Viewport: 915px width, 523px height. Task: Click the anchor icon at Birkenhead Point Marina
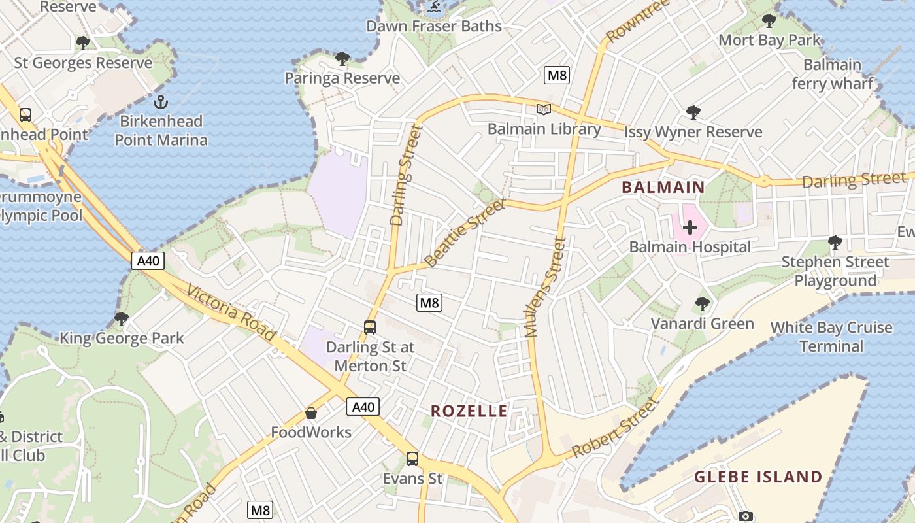[160, 102]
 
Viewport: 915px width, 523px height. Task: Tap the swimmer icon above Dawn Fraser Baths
[433, 8]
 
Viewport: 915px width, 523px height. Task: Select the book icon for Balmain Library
[544, 109]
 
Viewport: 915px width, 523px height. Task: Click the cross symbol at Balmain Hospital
[690, 228]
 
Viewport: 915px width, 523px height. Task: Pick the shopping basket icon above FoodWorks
[311, 413]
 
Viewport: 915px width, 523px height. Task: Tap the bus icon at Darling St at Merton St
[370, 327]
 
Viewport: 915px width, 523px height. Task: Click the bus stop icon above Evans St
[412, 459]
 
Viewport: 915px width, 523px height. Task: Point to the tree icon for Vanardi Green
[703, 304]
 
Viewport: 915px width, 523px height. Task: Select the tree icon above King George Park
[122, 319]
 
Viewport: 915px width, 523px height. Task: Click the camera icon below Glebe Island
[746, 516]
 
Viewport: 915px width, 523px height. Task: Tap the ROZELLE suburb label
[469, 411]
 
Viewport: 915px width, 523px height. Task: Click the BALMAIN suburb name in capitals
[663, 188]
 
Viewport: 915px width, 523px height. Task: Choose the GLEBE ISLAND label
[757, 477]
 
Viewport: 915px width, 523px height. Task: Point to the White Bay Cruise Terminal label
[831, 337]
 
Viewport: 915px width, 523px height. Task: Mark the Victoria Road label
[231, 313]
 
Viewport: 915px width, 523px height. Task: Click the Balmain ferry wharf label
[832, 74]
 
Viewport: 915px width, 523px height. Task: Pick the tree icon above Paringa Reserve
[342, 59]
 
